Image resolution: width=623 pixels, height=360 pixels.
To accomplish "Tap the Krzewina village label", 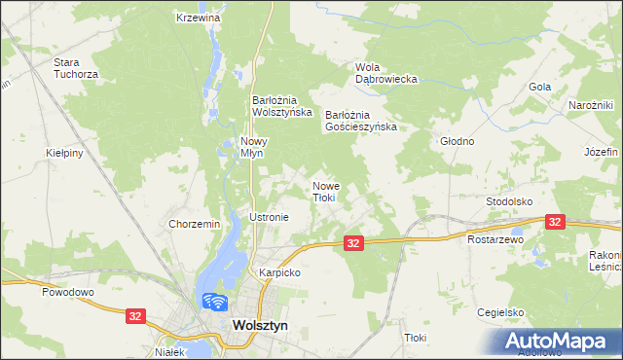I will [199, 18].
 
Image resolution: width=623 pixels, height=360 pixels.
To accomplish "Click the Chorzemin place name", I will [195, 224].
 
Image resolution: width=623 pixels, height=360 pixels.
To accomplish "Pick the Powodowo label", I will [66, 291].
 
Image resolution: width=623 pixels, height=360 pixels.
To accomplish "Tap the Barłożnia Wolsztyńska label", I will [281, 105].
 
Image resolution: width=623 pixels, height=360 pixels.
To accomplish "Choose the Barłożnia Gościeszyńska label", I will [361, 120].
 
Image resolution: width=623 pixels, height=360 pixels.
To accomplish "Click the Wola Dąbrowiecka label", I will [386, 73].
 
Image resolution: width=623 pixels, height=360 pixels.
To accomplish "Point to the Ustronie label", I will [270, 217].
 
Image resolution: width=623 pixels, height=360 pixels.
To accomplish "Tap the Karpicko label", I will [278, 272].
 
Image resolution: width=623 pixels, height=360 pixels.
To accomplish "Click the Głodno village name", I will [457, 141].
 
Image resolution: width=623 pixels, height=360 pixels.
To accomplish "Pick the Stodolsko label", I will [509, 201].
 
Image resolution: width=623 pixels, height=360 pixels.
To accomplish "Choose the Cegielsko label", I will [500, 312].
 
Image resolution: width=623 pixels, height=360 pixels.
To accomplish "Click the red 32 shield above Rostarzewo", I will [555, 222].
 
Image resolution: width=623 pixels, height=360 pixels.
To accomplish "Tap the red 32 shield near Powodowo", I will [136, 315].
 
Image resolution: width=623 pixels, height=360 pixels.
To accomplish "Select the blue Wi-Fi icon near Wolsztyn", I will [213, 303].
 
